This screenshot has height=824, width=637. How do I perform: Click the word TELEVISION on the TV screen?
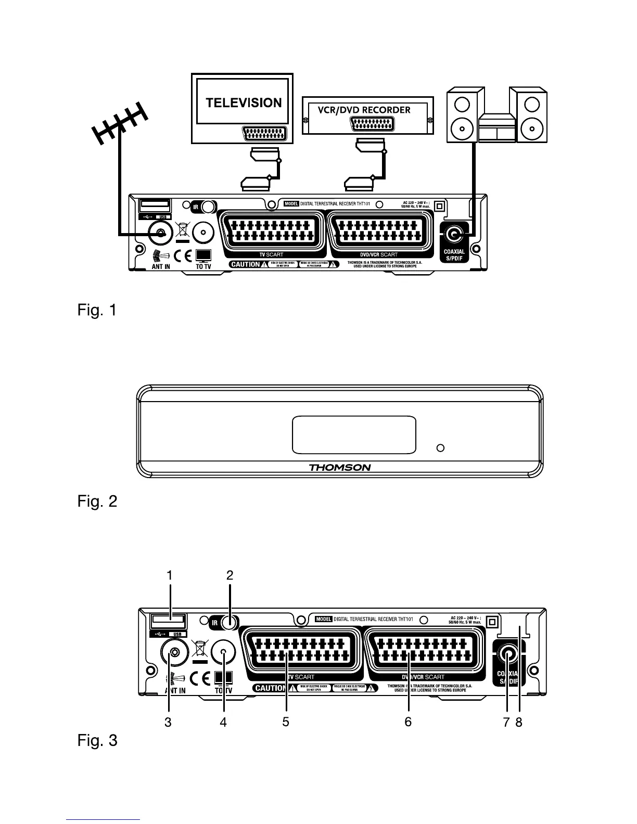244,102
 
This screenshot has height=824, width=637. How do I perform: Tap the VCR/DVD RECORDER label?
364,110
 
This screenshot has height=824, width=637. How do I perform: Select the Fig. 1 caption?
97,311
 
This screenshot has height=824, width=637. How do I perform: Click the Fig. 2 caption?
97,501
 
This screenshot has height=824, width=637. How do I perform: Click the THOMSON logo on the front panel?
340,467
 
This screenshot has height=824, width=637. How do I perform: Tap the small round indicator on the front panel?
440,448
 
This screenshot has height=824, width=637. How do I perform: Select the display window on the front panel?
354,434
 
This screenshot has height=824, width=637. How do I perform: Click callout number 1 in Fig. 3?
169,575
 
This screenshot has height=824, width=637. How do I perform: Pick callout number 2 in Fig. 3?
230,575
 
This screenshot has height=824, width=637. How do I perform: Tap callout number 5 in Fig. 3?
286,722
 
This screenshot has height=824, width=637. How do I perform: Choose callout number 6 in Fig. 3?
408,722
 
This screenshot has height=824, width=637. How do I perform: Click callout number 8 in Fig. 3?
519,722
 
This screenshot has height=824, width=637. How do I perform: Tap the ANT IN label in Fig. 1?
161,267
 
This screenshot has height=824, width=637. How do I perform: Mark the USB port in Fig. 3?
168,621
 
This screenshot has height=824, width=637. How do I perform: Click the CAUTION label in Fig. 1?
245,264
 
